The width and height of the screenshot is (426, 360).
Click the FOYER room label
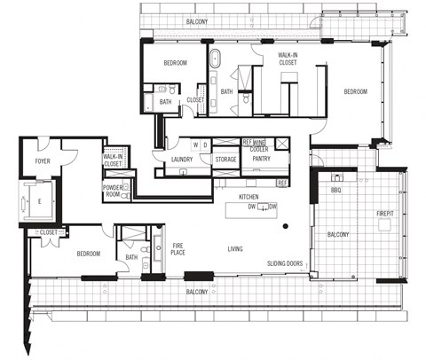(42, 161)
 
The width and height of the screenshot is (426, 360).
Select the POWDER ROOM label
(113, 191)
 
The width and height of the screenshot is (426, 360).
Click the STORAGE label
(225, 160)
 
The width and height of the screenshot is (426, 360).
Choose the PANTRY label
(261, 160)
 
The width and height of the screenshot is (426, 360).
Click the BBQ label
(335, 190)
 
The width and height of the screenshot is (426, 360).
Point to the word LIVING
(236, 249)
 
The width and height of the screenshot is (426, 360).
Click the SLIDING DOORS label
(284, 264)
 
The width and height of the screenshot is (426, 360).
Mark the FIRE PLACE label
(177, 249)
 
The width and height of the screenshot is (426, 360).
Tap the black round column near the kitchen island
(285, 227)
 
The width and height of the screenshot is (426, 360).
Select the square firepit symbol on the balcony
(385, 225)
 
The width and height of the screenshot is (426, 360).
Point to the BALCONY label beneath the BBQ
(337, 234)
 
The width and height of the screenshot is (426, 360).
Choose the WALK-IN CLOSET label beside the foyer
(113, 160)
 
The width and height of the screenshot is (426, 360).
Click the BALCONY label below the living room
(197, 292)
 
